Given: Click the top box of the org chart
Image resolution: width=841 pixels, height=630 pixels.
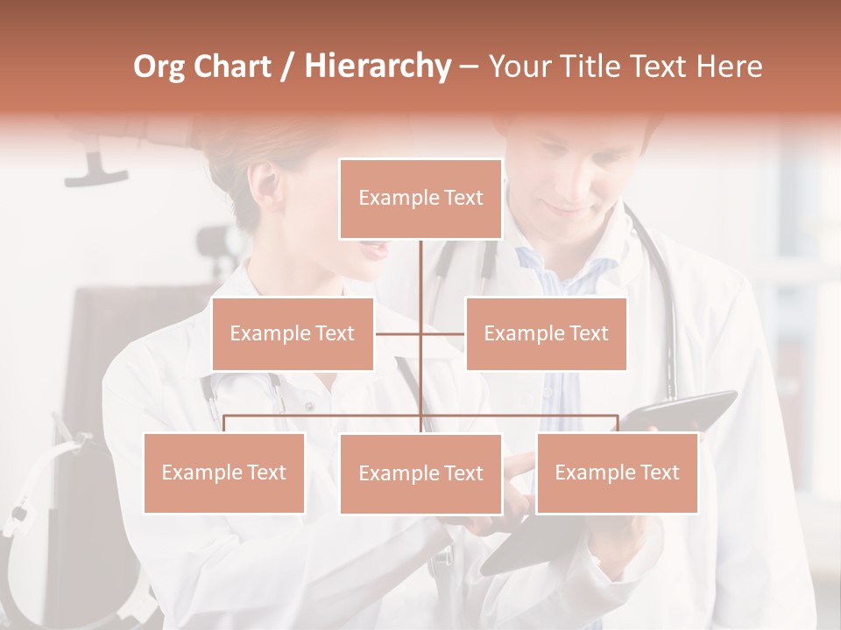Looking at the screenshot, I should point(420,199).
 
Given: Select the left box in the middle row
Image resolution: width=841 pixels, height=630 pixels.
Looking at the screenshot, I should point(293,333).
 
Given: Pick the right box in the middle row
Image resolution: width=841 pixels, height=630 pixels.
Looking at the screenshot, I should point(546,333).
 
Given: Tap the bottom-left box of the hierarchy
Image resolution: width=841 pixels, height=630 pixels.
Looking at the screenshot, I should point(224,472).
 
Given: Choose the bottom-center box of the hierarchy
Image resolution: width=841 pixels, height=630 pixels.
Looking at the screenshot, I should point(420,473).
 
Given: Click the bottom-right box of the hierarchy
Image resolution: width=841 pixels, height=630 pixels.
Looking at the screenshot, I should point(617,472).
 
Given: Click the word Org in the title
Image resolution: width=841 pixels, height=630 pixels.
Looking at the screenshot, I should point(159,66).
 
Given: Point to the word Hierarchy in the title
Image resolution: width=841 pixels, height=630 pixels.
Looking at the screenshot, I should point(377,66).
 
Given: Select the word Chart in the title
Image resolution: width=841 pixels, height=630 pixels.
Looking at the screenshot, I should point(232,66).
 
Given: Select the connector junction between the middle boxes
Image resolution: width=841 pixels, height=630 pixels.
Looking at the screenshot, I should point(420,333).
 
